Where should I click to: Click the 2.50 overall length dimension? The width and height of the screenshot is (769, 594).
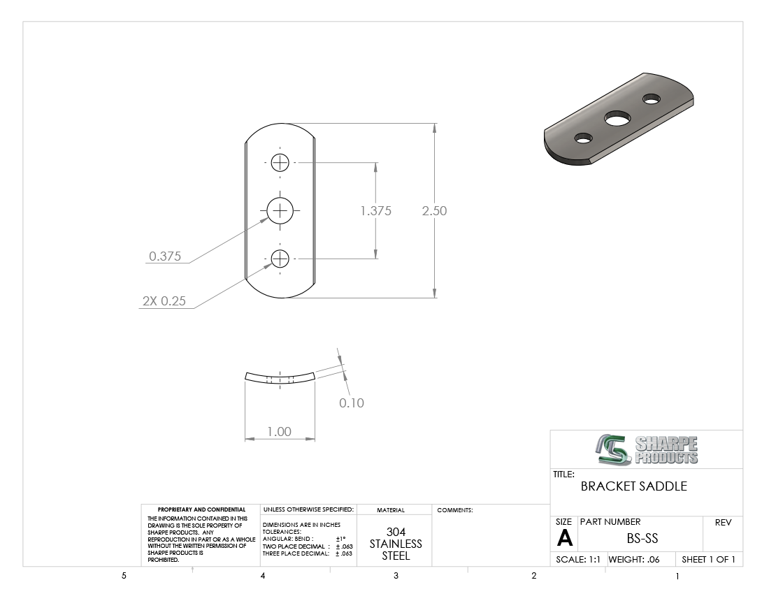coord(435,211)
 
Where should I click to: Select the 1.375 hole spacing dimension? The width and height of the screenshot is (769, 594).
coord(375,211)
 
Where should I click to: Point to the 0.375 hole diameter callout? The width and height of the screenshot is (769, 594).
coord(165,256)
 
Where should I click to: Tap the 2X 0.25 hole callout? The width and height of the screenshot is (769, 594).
coord(164,301)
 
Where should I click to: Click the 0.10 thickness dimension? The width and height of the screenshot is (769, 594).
coord(352,403)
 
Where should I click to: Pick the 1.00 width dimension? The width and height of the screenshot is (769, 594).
coord(280,431)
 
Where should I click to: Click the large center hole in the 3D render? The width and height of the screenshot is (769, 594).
coord(617,118)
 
